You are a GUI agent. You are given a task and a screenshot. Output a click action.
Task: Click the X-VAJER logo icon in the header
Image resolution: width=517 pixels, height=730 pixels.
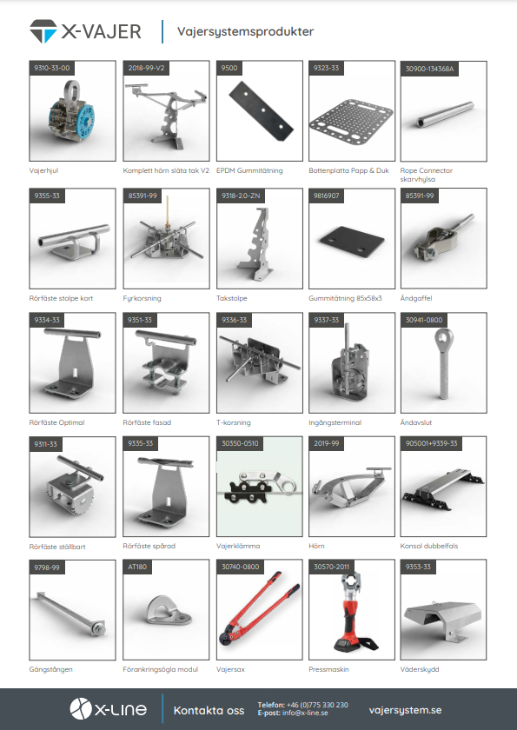[43, 31]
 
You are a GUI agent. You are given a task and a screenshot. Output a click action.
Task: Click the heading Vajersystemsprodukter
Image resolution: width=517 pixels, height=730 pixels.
[245, 31]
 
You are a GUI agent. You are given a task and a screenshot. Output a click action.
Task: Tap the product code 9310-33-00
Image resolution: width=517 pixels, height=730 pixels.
[51, 68]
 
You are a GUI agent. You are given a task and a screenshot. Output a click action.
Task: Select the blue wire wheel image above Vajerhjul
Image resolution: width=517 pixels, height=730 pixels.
[71, 112]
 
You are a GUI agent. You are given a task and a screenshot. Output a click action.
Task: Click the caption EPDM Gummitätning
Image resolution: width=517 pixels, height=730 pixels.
[249, 170]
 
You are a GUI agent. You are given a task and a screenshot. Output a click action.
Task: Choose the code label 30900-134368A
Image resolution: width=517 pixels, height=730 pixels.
[429, 69]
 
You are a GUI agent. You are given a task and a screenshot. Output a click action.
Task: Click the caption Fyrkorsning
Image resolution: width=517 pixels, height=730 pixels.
[142, 298]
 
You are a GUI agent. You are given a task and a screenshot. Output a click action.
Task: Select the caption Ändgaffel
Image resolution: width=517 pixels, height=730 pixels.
[416, 298]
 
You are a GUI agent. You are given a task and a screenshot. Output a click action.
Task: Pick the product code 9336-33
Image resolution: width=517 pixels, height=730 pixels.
[234, 320]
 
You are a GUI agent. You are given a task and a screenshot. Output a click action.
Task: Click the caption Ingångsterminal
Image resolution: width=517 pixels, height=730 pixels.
[335, 422]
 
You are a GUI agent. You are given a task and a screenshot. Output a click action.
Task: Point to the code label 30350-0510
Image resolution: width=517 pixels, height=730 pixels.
[240, 444]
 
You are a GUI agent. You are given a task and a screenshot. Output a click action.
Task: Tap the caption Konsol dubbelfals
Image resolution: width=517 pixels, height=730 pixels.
[429, 546]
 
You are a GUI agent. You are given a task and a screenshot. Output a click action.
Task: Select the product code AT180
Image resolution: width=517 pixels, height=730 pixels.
[137, 567]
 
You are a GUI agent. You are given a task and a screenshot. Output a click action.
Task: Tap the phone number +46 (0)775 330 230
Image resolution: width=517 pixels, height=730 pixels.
[317, 705]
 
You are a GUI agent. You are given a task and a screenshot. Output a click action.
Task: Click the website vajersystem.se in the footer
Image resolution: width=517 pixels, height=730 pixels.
[405, 710]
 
